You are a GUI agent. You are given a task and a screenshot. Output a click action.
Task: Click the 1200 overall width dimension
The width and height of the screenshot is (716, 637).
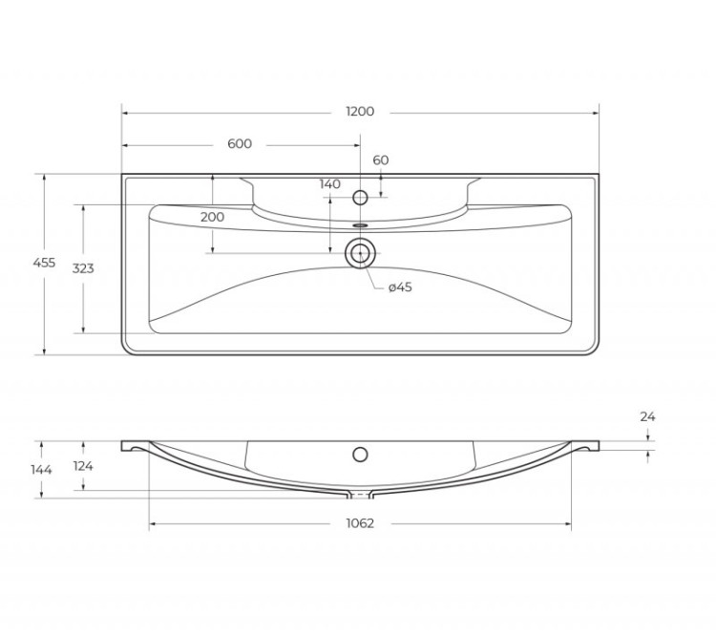[x=360, y=112]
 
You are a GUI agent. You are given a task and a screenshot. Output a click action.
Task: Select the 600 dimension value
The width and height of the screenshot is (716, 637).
[x=240, y=144]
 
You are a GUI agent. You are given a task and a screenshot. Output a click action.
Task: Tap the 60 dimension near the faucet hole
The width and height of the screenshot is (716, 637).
[x=381, y=160]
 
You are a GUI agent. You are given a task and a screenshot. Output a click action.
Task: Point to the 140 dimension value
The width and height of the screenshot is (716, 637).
[x=330, y=184]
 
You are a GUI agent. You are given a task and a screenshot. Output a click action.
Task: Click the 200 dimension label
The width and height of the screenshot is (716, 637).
[x=212, y=217]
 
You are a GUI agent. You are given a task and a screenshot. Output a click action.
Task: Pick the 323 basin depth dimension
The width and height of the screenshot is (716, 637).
[x=83, y=268]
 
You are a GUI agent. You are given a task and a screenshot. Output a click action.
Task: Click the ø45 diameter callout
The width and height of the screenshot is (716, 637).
[x=400, y=288]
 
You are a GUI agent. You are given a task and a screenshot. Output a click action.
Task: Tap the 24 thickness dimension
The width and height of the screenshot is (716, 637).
[x=648, y=417]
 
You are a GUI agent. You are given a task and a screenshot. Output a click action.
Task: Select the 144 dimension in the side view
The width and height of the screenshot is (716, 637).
[x=41, y=470]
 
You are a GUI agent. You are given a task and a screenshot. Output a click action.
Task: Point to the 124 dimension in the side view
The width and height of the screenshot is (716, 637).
[x=83, y=466]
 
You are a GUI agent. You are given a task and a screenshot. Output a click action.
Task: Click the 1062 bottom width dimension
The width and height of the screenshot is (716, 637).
[x=360, y=523]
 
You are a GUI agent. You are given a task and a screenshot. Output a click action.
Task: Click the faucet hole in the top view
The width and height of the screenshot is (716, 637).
[x=360, y=198]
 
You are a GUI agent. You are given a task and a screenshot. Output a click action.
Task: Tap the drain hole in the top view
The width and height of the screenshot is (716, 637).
[x=360, y=253]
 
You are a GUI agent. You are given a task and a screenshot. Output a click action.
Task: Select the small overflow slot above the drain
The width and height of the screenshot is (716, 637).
[x=360, y=226]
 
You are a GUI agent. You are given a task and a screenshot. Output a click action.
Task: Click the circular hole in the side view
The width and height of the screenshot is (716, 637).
[x=360, y=455]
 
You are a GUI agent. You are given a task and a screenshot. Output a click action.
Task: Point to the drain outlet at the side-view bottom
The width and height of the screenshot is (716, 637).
[x=360, y=495]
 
